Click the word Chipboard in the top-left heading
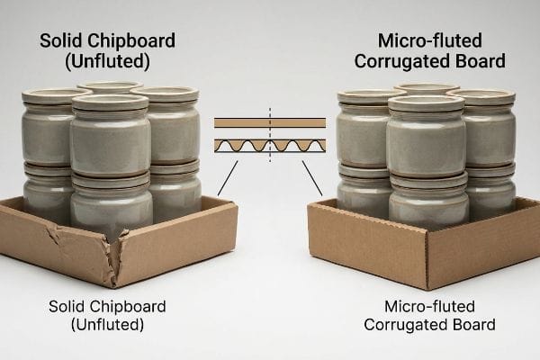click(x=131, y=40)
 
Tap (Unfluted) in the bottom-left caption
click(x=107, y=325)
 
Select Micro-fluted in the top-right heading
click(x=430, y=40)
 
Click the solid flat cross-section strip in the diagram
click(x=270, y=123)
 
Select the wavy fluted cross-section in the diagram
click(x=270, y=146)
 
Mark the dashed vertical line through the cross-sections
click(x=270, y=135)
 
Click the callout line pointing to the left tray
click(x=228, y=178)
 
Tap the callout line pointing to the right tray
click(x=312, y=178)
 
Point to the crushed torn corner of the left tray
click(x=115, y=248)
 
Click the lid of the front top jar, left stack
click(x=110, y=103)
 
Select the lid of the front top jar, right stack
click(x=427, y=103)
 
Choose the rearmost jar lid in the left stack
click(x=110, y=86)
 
